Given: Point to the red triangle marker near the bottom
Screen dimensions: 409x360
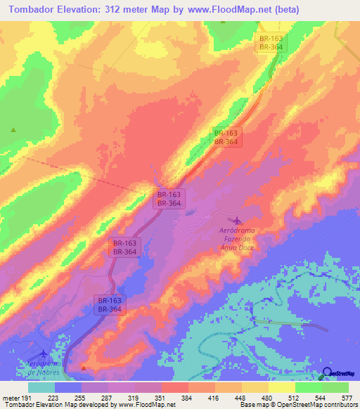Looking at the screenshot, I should click(x=84, y=368).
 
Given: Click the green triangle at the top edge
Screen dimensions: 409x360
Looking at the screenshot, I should click(x=223, y=20).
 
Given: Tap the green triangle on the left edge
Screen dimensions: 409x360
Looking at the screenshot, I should click(x=13, y=130).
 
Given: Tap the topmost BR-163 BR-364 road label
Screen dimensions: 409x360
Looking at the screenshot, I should click(x=271, y=42).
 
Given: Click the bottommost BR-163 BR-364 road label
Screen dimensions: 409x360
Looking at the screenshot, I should click(x=109, y=304).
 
